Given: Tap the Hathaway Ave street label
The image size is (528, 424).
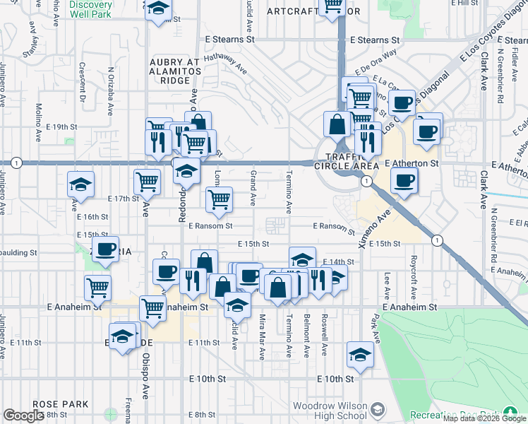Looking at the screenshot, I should point(225,64).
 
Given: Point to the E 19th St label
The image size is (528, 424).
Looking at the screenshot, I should point(61,126).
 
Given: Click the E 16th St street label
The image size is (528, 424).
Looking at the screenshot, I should point(93,217).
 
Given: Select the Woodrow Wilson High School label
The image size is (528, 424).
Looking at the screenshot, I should point(330,411).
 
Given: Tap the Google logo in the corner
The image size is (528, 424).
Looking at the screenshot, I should point(24,415).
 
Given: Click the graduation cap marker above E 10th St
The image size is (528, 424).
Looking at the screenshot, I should point(360,354).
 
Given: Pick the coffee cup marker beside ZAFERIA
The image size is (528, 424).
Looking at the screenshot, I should point(106,249).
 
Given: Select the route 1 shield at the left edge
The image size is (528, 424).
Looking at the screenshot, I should point(16,163).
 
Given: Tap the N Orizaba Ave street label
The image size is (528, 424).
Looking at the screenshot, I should point(111,90).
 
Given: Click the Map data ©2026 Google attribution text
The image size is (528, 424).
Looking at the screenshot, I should point(484,418).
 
